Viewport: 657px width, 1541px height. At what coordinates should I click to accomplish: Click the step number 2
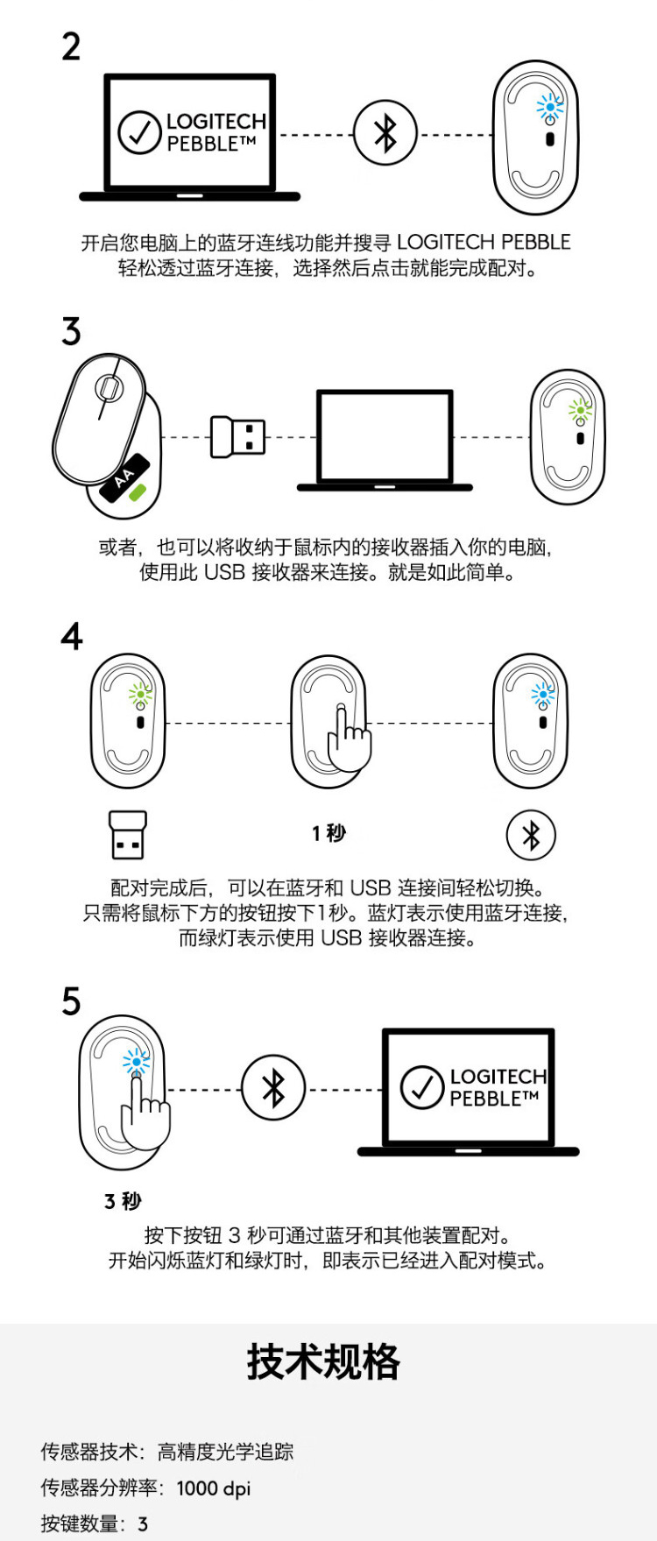[71, 46]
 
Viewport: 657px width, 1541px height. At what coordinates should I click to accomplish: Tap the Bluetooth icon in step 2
[385, 134]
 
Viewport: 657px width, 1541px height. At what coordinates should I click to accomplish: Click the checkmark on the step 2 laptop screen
[139, 132]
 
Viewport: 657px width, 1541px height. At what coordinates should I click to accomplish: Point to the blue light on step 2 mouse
[550, 107]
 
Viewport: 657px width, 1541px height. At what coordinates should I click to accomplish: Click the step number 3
[71, 332]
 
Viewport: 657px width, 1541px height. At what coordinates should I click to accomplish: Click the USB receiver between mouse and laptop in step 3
[237, 436]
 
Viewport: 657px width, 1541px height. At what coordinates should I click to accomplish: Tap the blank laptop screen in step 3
[385, 435]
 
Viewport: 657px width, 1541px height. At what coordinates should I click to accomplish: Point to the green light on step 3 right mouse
[579, 409]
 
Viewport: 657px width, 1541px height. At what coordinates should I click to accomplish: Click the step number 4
[72, 636]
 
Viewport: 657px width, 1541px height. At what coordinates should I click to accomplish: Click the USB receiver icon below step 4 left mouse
[127, 834]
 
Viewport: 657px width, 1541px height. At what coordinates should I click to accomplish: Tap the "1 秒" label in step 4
[328, 833]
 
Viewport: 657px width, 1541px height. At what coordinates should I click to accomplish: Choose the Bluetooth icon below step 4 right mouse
[531, 835]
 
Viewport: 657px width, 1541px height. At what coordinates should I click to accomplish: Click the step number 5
[71, 1001]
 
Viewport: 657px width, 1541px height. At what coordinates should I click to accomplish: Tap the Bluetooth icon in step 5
[273, 1089]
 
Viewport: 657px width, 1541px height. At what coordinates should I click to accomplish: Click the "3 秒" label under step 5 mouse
[123, 1201]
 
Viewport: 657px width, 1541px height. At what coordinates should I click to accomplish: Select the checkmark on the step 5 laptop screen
[422, 1087]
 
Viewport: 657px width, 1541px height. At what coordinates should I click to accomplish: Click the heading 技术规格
[323, 1362]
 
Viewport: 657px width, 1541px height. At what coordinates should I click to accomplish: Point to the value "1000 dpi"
[213, 1488]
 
